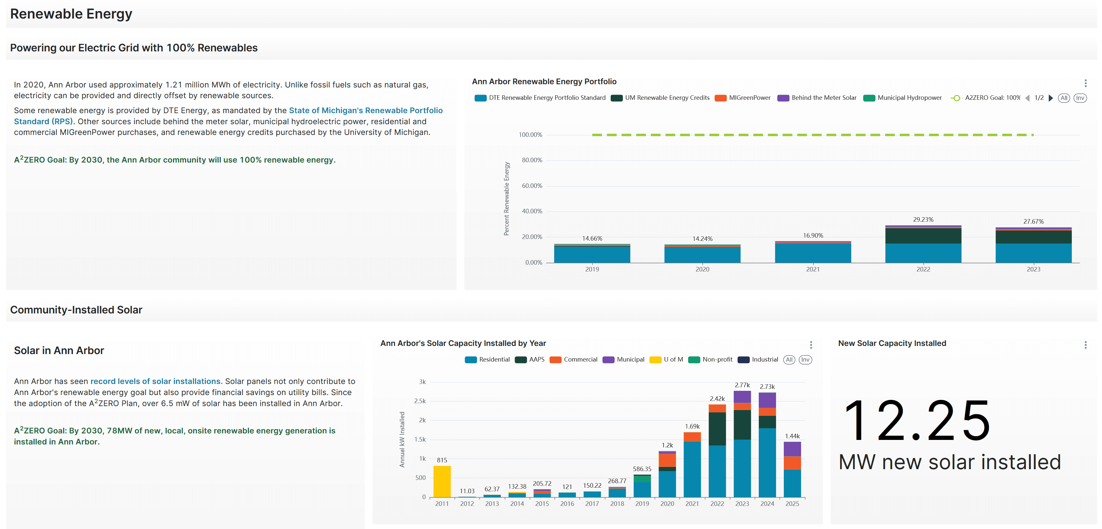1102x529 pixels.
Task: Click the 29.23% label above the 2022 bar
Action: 923,219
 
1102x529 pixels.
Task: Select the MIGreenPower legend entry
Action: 749,98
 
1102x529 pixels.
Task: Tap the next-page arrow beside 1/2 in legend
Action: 1051,98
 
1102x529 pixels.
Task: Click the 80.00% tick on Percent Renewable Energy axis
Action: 531,160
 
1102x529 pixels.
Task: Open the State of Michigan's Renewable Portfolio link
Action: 366,110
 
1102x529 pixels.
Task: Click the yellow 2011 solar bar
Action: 442,481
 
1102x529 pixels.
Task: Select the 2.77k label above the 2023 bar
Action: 742,385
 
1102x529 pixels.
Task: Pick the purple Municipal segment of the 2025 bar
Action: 792,449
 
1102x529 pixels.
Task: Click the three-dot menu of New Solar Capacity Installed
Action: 1085,345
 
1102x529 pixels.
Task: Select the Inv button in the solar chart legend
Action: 805,360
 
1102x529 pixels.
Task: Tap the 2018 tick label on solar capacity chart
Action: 617,504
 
